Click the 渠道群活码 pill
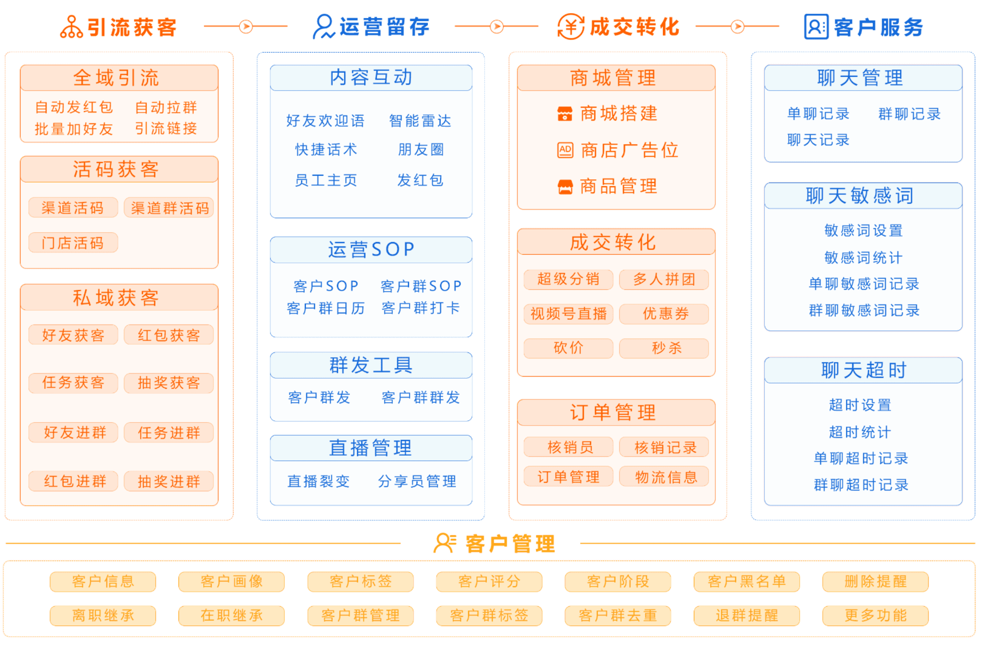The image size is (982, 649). coord(169,208)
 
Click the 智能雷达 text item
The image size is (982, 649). coord(420,121)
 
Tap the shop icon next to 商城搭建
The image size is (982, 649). coord(565,114)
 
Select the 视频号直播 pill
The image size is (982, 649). coord(568,314)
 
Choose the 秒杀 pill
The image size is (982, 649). coord(664,348)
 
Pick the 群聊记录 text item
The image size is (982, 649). coord(909,114)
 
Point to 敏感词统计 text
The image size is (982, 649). coord(863,258)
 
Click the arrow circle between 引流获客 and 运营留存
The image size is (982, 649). coord(246,26)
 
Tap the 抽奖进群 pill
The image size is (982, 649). coord(169,481)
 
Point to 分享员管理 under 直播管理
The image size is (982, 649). coord(417,481)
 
